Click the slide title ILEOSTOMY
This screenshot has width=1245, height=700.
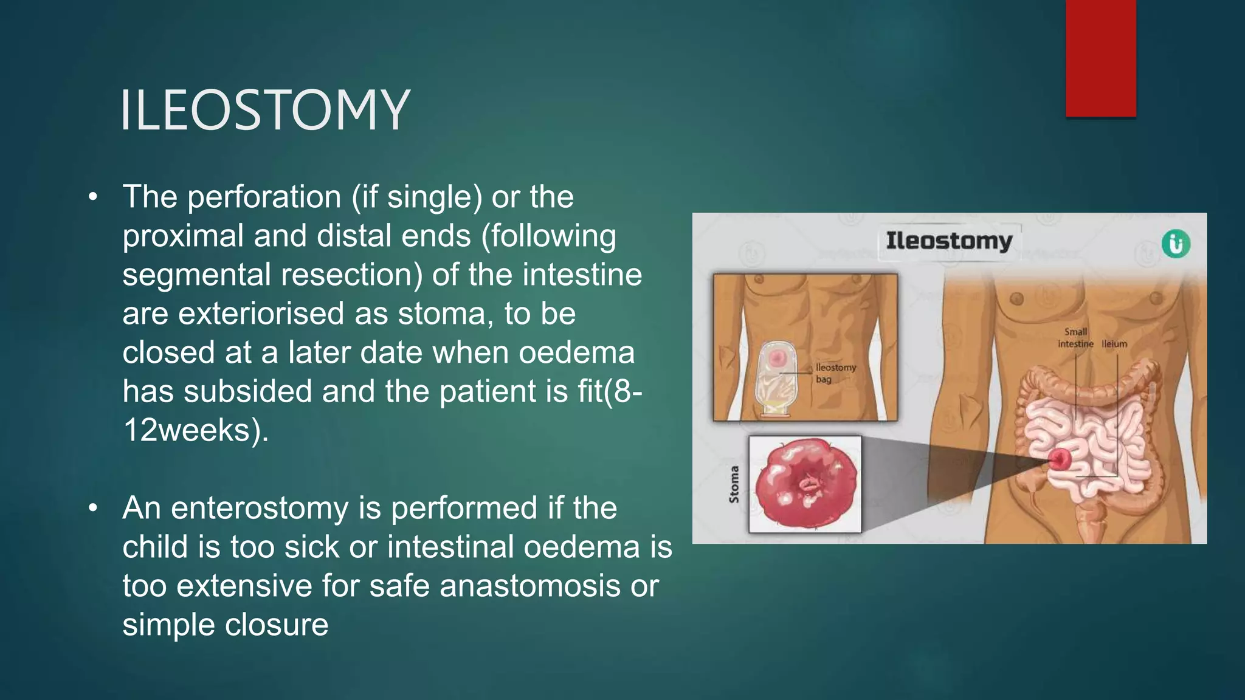point(265,110)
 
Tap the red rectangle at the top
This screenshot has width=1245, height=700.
point(1100,58)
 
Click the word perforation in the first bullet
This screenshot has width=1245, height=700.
point(264,197)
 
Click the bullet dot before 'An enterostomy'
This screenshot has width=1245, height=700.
point(92,508)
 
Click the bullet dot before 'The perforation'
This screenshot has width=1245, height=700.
point(92,197)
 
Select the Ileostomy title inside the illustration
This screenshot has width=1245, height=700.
point(948,241)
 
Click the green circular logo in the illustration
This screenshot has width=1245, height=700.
point(1176,244)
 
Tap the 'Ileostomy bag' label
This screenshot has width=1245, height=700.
point(835,373)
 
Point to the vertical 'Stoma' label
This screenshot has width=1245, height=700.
point(734,484)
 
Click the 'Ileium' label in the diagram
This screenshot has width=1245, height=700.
point(1114,344)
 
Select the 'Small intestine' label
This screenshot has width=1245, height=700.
point(1075,338)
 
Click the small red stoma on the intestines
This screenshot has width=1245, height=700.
point(1060,459)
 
